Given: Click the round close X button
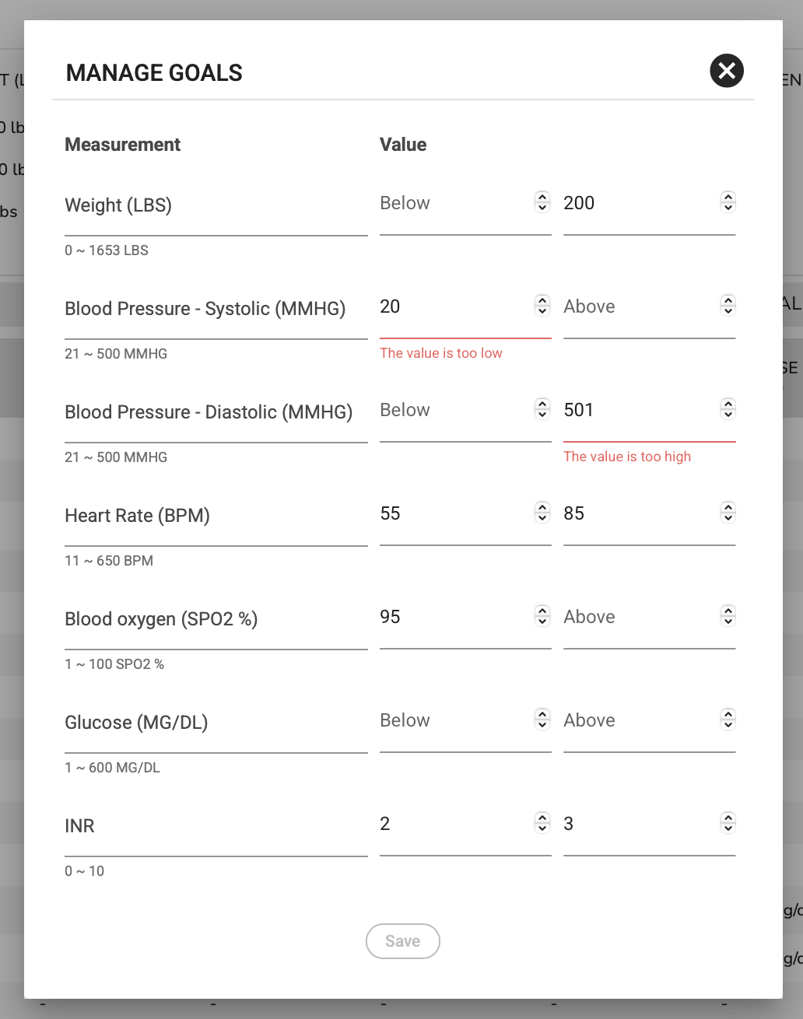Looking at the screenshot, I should (727, 71).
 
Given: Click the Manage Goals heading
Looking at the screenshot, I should (154, 73).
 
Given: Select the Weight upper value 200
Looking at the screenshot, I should (579, 203).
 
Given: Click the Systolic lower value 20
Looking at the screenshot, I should (390, 306).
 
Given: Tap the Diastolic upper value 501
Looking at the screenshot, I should (579, 410).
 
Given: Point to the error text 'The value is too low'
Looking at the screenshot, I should (441, 353).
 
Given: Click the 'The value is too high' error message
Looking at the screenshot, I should (627, 457).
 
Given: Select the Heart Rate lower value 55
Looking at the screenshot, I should (390, 513).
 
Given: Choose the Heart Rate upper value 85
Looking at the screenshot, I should (574, 513).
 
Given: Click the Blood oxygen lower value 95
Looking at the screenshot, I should (390, 617).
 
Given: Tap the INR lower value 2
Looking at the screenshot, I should (385, 824).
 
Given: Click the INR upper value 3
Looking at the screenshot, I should (569, 824).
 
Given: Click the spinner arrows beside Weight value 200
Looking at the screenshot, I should (728, 202).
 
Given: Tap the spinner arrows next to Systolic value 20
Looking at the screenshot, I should (542, 306).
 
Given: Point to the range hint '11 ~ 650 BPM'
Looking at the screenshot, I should (109, 561).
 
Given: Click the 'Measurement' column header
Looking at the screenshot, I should (123, 145).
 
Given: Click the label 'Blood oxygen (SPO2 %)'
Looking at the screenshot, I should (161, 619).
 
